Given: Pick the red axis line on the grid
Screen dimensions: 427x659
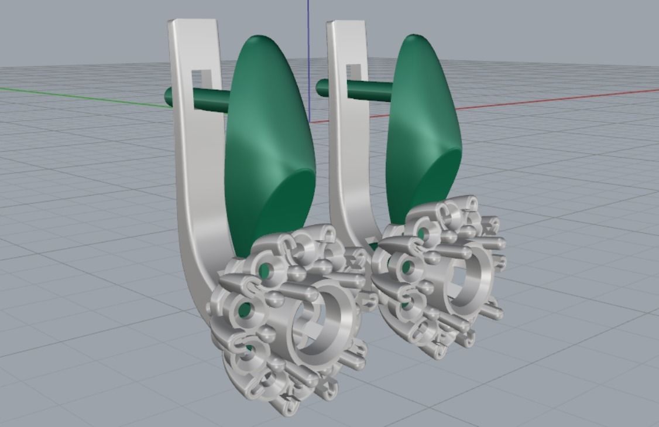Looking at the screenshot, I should pyautogui.click(x=556, y=99).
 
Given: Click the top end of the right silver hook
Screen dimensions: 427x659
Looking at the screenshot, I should pyautogui.click(x=346, y=25).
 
